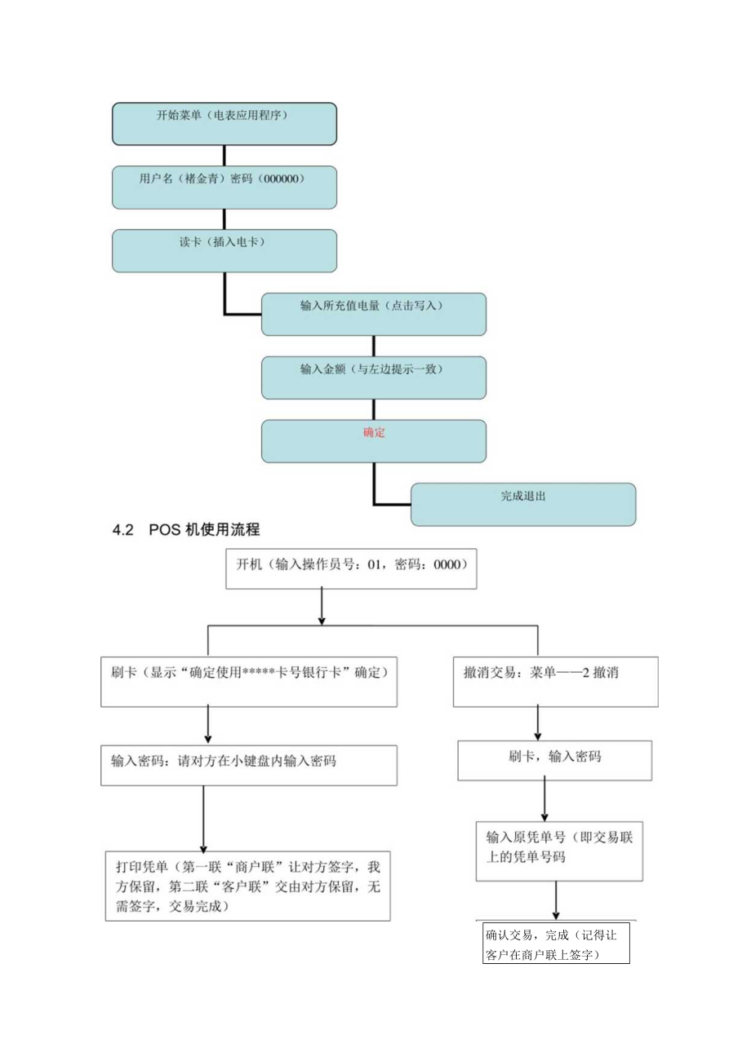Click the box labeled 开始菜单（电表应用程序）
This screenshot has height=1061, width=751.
[x=224, y=124]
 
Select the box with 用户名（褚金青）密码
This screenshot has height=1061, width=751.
[x=224, y=188]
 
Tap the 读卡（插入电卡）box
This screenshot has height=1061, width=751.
[x=224, y=250]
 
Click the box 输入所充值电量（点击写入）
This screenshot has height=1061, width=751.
[x=373, y=314]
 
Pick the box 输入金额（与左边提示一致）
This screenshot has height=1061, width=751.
[x=373, y=377]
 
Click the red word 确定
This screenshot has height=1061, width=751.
[x=374, y=433]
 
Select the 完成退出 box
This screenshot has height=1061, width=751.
[x=522, y=504]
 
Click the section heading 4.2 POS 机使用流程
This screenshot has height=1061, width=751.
[x=186, y=530]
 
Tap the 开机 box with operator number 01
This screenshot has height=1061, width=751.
[x=350, y=568]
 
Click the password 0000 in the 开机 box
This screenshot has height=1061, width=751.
[x=448, y=564]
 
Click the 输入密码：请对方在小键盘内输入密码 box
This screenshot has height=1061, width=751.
[x=248, y=765]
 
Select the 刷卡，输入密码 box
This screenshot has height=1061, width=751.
[x=554, y=760]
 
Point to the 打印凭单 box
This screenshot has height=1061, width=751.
[x=247, y=886]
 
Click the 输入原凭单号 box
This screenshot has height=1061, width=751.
[x=559, y=851]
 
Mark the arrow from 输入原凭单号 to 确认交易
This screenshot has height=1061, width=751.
[x=556, y=900]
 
